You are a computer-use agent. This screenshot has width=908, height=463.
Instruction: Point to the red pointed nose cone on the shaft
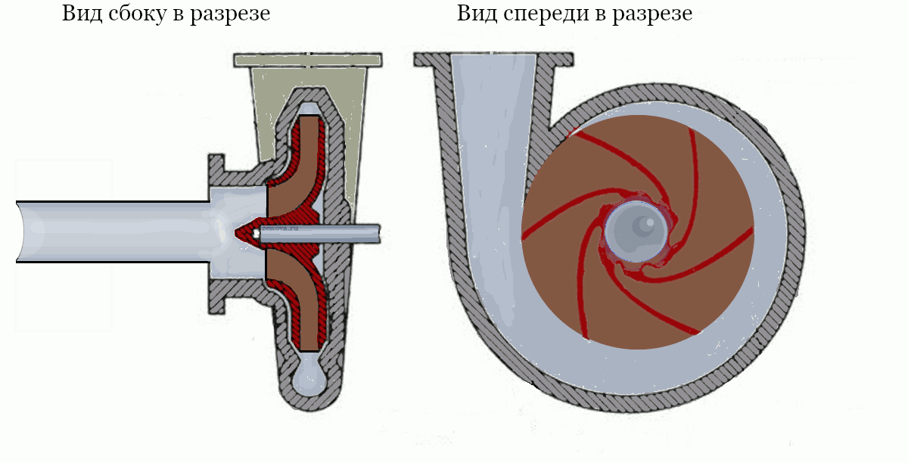pos(247,232)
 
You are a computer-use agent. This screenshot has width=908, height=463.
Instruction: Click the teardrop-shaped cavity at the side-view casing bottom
pos(309,378)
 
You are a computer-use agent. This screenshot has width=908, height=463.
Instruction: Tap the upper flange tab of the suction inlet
pos(216,164)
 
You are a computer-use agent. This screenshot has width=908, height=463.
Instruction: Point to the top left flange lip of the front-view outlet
pos(431,59)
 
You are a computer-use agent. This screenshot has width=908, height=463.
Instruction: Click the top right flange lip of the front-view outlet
pos(556,59)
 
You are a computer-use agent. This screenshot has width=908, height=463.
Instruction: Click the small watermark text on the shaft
pos(280,226)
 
